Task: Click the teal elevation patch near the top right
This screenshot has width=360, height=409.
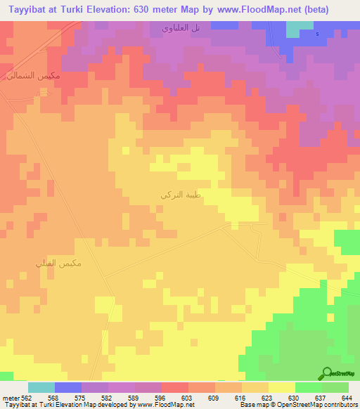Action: tap(300, 27)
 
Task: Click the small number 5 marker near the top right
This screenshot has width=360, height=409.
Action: tap(316, 34)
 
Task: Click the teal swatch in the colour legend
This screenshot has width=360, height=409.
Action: tap(41, 387)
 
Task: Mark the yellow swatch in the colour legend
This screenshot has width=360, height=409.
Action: tap(281, 387)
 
